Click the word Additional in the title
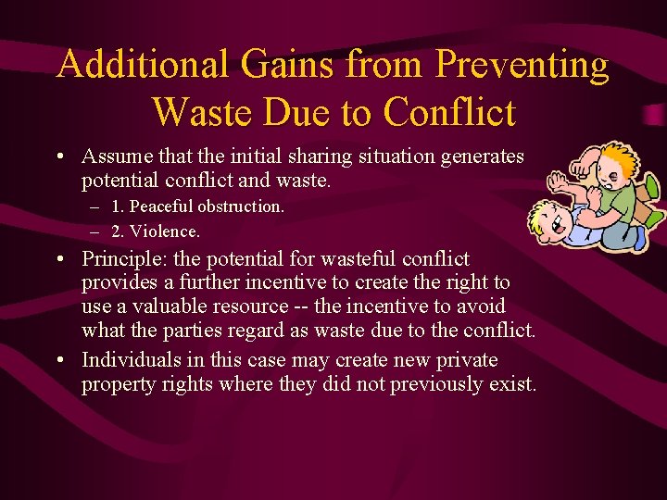[x=140, y=65]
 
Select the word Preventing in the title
[x=522, y=65]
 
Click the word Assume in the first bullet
[x=114, y=156]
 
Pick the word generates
[x=480, y=156]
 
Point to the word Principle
[x=121, y=259]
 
